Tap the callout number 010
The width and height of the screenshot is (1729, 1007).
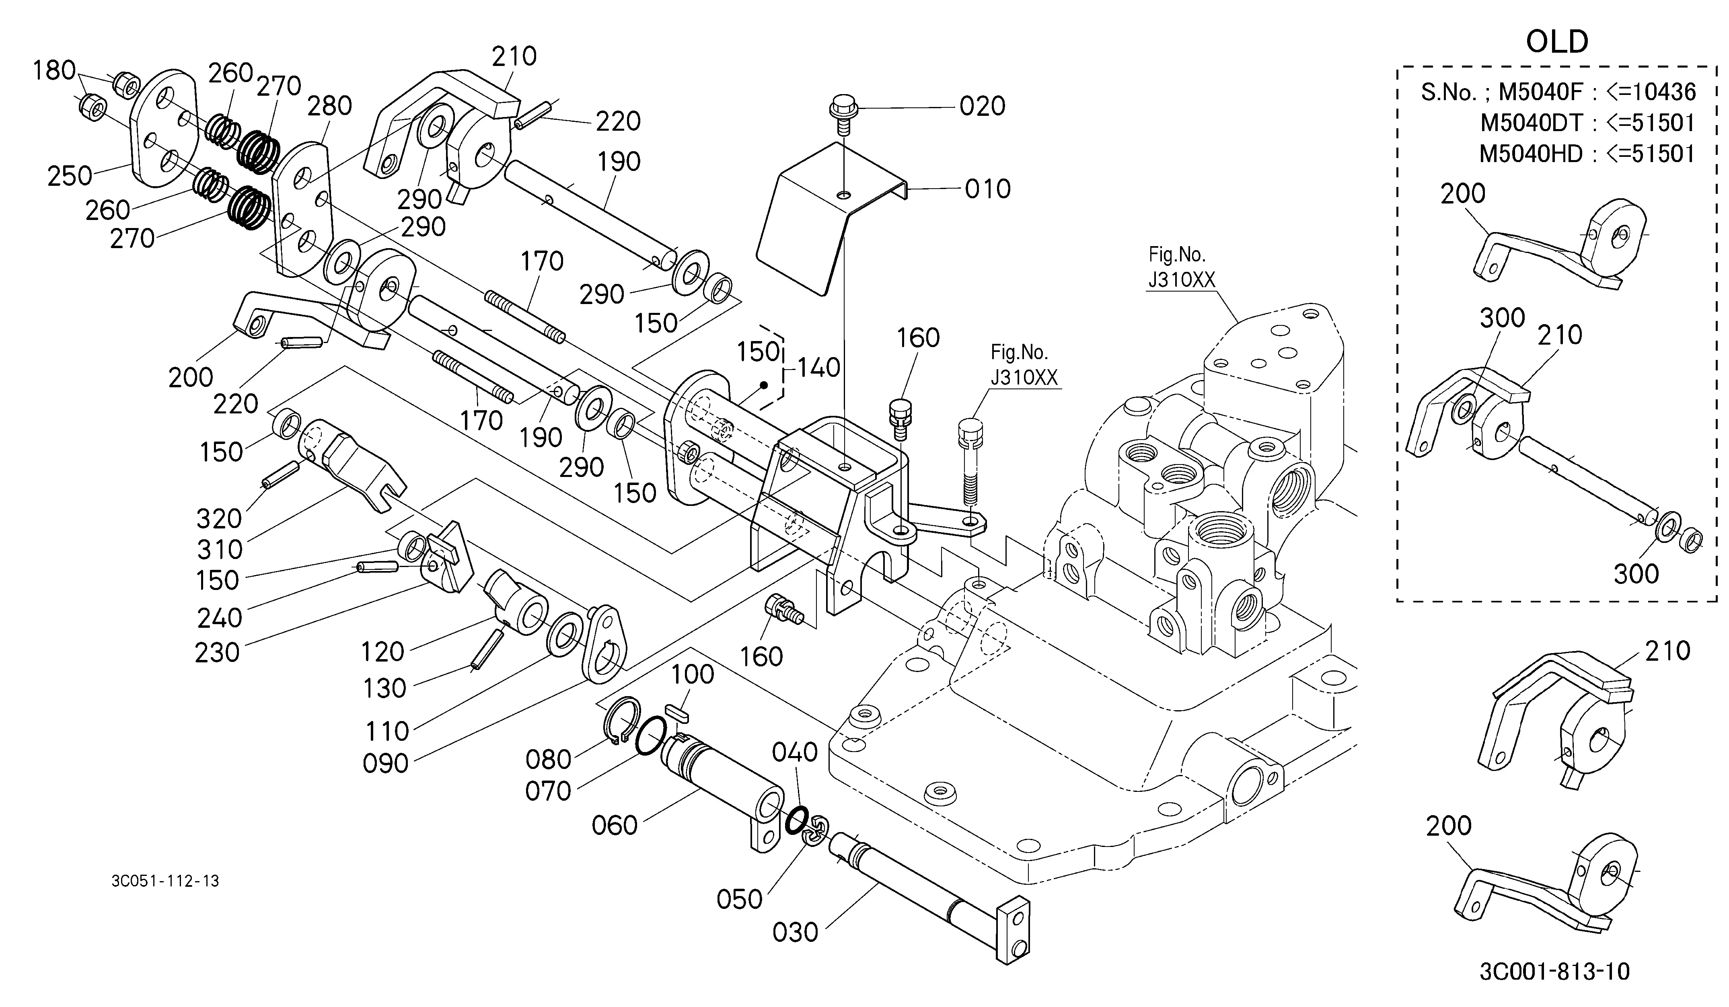[987, 189]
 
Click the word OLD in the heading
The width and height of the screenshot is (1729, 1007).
[1557, 42]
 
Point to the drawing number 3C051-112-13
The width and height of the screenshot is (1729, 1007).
[165, 881]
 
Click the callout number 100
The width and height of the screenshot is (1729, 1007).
[692, 675]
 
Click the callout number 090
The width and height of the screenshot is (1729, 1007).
[386, 763]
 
